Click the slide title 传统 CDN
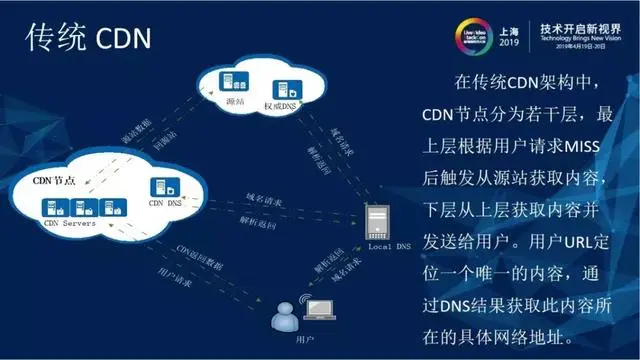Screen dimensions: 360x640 point(88,38)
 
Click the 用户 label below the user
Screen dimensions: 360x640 point(286,341)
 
